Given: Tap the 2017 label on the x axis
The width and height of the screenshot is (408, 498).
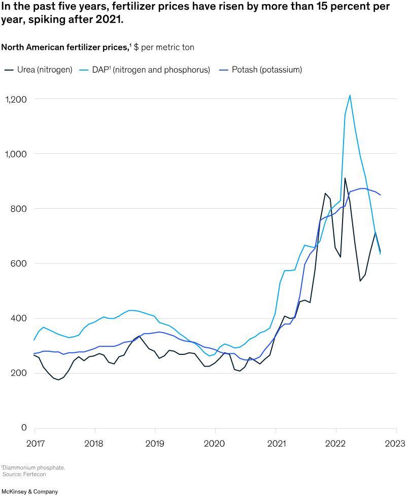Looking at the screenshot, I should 35,443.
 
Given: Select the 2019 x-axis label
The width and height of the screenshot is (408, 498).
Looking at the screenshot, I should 155,443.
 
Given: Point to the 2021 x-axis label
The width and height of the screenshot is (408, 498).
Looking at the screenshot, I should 276,443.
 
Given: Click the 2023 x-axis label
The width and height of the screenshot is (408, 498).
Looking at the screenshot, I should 395,443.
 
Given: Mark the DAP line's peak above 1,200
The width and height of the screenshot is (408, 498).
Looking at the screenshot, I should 350,95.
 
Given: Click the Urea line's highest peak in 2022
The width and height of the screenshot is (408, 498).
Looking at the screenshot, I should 345,178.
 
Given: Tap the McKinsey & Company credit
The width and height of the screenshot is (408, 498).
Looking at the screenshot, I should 29,491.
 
